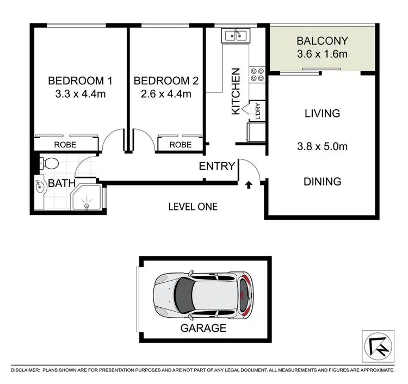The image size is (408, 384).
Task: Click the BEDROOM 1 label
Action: [80, 81]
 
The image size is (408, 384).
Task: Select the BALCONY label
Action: [322, 41]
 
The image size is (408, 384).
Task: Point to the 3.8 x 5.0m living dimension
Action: [322, 146]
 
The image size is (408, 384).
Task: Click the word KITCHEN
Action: [236, 91]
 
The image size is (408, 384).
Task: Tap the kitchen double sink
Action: [235, 35]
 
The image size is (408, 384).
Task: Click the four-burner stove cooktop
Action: [256, 75]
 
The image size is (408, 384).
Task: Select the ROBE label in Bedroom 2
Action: [180, 145]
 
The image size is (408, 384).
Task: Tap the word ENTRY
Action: [217, 166]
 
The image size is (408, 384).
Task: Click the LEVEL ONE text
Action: [193, 207]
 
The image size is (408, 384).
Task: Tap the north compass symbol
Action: [375, 344]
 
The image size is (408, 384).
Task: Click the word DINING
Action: [322, 182]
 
